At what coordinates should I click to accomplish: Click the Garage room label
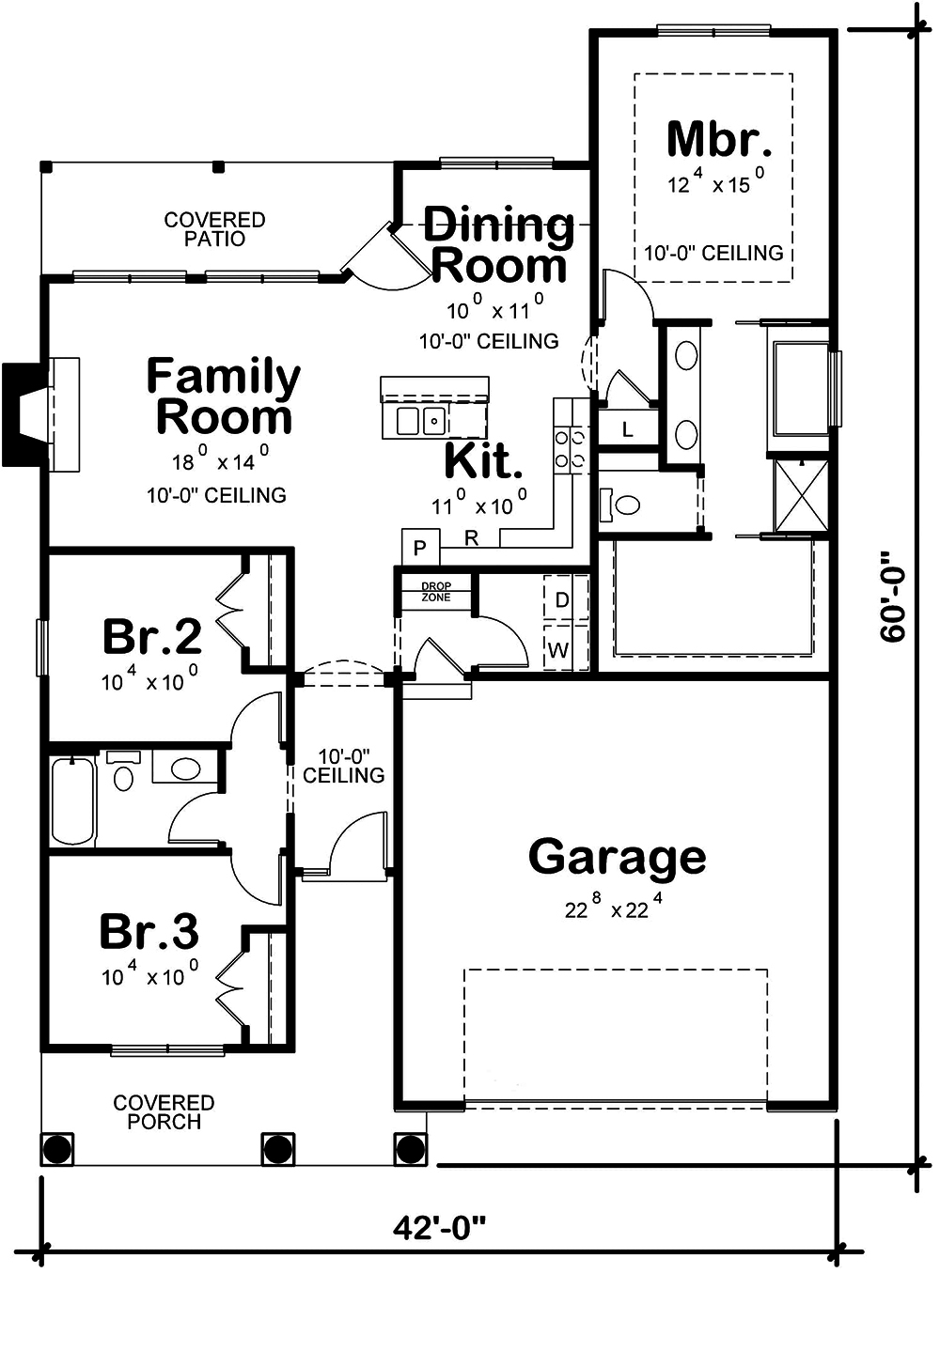pyautogui.click(x=617, y=857)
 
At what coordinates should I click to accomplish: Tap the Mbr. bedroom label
pyautogui.click(x=719, y=139)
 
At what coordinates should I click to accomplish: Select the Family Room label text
pyautogui.click(x=223, y=396)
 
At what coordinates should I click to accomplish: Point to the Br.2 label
pyautogui.click(x=151, y=636)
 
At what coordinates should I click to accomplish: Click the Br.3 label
pyautogui.click(x=149, y=932)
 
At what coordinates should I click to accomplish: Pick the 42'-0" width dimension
pyautogui.click(x=440, y=1227)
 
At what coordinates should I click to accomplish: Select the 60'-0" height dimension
pyautogui.click(x=893, y=601)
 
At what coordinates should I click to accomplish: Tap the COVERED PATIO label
pyautogui.click(x=214, y=229)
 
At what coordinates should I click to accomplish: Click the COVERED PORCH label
pyautogui.click(x=164, y=1111)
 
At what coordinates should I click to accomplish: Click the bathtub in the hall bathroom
pyautogui.click(x=72, y=800)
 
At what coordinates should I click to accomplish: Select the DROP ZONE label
pyautogui.click(x=435, y=592)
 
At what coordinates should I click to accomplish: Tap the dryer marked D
pyautogui.click(x=562, y=599)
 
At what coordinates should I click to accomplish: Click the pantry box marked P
pyautogui.click(x=420, y=548)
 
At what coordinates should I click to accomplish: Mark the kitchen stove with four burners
pyautogui.click(x=571, y=448)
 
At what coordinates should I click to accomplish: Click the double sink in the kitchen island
pyautogui.click(x=419, y=421)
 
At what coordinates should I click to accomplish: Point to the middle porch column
pyautogui.click(x=277, y=1148)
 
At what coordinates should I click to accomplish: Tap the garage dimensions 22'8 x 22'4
pyautogui.click(x=613, y=908)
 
